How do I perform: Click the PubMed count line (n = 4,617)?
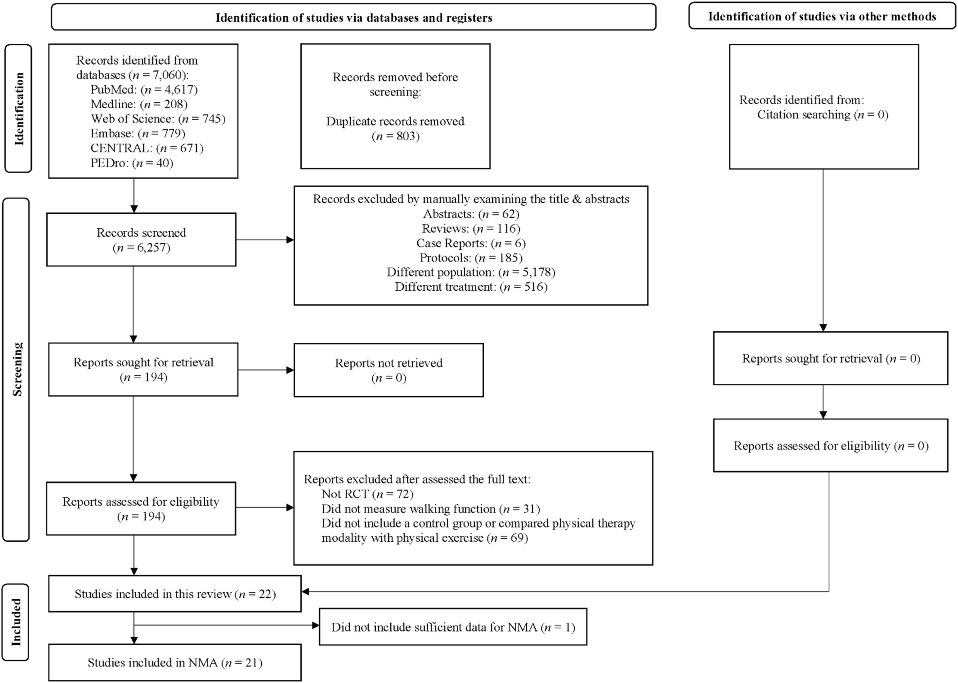(x=144, y=89)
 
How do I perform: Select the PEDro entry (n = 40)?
(x=132, y=163)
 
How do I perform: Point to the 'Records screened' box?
(x=141, y=240)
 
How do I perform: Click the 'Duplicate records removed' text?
(x=395, y=122)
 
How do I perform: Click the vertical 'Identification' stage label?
(x=18, y=108)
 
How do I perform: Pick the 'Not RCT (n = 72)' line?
(x=367, y=494)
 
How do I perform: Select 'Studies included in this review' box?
(x=175, y=594)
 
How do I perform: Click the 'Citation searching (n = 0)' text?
(x=823, y=115)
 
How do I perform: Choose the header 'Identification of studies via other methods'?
(x=822, y=16)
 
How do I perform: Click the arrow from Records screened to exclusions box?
(x=265, y=240)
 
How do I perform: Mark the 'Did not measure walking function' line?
(x=431, y=509)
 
